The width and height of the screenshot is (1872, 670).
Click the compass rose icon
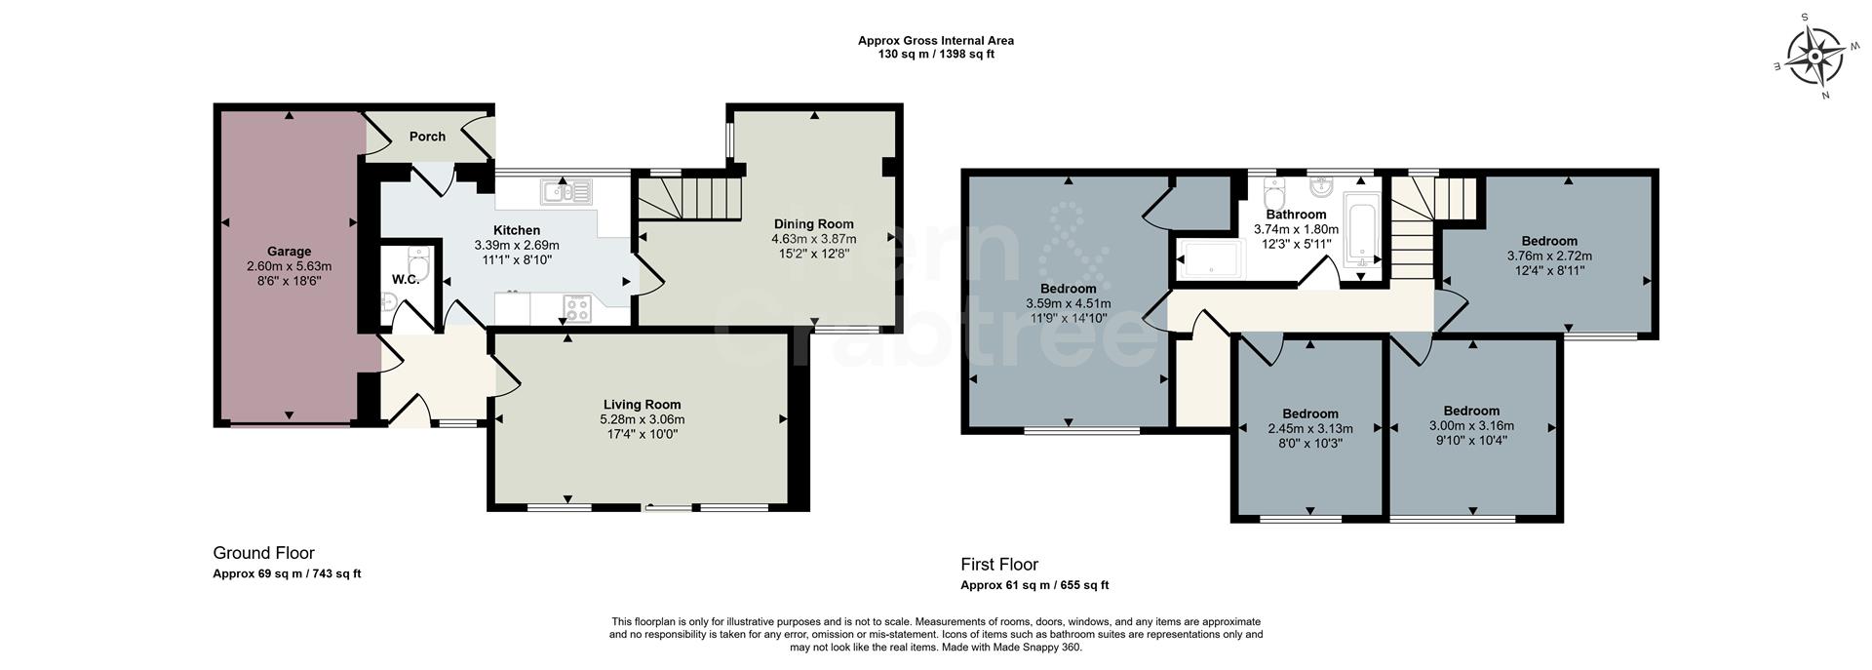click(1813, 58)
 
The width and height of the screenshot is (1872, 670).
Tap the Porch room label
click(427, 137)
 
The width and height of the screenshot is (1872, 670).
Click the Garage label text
click(289, 252)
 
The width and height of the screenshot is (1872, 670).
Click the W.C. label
click(406, 280)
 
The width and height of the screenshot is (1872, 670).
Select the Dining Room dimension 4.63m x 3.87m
click(813, 239)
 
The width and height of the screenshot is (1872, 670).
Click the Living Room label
click(642, 405)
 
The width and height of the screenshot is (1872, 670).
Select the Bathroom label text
click(1296, 215)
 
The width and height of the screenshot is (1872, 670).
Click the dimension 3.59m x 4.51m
click(1068, 303)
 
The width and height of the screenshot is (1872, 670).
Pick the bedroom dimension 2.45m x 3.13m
click(1309, 428)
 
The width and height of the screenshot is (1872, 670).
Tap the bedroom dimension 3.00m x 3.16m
click(1471, 425)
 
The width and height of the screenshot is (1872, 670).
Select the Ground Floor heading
click(263, 553)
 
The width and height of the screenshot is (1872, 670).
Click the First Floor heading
click(999, 564)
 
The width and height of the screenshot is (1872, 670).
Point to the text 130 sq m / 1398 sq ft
click(936, 55)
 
